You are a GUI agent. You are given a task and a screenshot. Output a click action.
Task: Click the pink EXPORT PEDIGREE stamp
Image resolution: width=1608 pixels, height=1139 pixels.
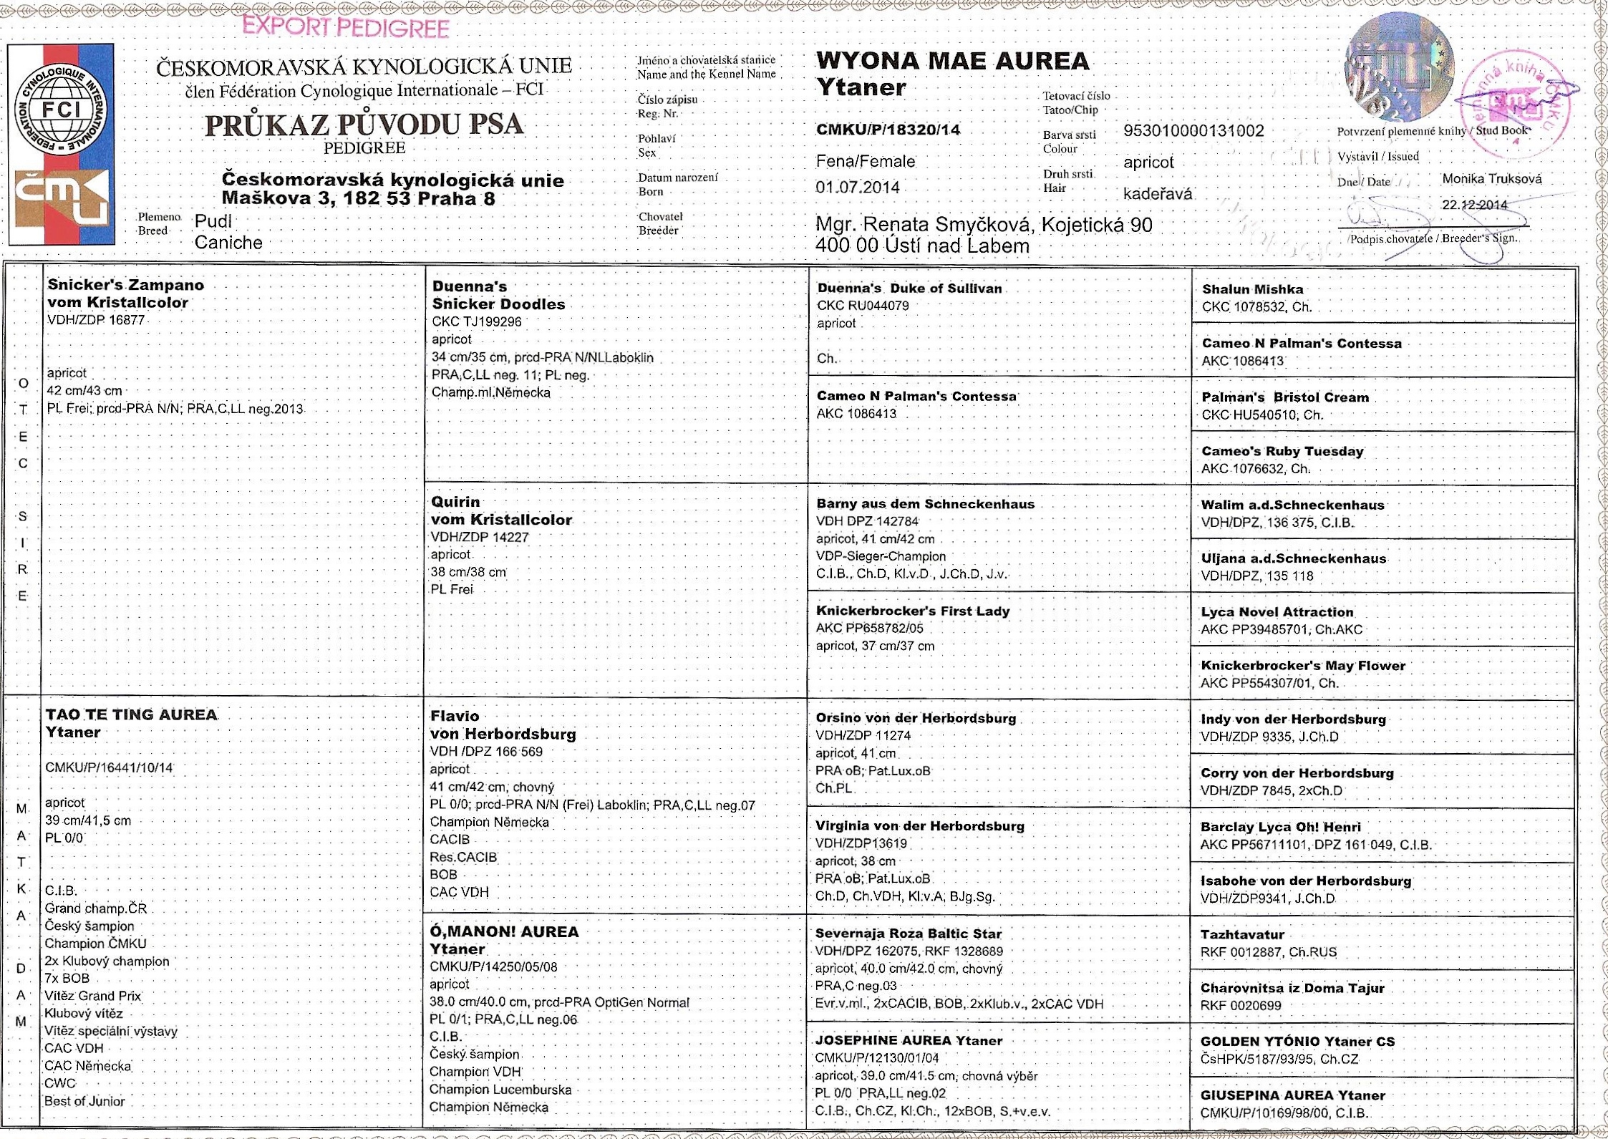(345, 28)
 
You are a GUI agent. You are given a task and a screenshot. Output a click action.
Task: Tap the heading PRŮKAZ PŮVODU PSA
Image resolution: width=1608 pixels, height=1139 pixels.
(364, 125)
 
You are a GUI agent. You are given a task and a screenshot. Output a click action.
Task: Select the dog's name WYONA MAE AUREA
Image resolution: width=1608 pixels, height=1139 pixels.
(952, 62)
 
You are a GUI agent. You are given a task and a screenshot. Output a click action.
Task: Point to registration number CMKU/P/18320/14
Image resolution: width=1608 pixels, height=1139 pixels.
(888, 130)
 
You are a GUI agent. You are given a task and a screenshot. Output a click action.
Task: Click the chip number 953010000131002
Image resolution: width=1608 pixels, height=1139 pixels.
(1193, 131)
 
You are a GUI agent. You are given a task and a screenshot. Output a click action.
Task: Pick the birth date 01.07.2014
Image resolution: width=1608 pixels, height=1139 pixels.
(858, 188)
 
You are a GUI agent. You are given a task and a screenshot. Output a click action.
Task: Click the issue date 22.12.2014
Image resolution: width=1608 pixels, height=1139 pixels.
(1474, 205)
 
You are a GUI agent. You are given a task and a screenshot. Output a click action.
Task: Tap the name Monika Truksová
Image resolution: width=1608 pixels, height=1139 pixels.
(1491, 179)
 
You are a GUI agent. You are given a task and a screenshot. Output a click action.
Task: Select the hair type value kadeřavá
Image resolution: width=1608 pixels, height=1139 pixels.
(1158, 194)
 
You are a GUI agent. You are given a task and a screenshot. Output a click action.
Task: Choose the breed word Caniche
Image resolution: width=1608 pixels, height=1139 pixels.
(228, 243)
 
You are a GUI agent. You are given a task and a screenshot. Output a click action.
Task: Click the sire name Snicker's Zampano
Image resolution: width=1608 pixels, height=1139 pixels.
(125, 285)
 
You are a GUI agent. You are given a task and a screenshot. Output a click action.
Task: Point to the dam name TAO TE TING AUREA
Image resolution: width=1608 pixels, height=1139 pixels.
(132, 714)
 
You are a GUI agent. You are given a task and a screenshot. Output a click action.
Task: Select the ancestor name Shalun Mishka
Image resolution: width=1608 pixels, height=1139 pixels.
(1252, 289)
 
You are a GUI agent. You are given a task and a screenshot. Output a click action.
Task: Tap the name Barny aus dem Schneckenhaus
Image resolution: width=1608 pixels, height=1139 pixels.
(925, 504)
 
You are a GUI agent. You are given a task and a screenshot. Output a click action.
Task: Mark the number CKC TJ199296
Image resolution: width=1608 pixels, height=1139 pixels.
(476, 322)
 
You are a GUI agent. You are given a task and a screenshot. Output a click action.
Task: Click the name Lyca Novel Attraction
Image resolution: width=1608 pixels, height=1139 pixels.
(1277, 612)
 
